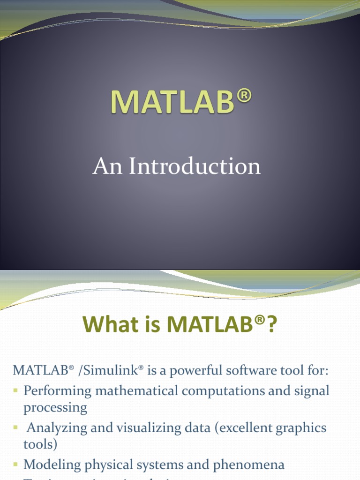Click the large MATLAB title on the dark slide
click(x=172, y=102)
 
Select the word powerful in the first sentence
click(x=192, y=371)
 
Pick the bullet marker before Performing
click(x=16, y=390)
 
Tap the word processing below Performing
click(x=55, y=408)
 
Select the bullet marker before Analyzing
click(x=16, y=427)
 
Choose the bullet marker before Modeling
click(x=16, y=465)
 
